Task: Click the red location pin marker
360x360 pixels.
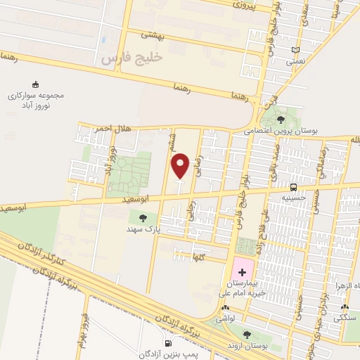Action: (181, 166)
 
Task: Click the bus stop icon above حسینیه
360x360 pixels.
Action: (293, 187)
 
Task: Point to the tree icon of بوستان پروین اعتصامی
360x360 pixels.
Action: (281, 120)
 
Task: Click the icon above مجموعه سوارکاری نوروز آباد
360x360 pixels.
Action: (36, 84)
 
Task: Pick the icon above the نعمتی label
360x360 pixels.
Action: (295, 51)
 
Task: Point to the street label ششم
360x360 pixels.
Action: (171, 143)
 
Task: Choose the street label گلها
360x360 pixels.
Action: (200, 257)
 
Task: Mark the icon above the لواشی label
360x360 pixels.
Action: (224, 308)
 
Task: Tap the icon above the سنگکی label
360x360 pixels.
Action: (345, 307)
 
